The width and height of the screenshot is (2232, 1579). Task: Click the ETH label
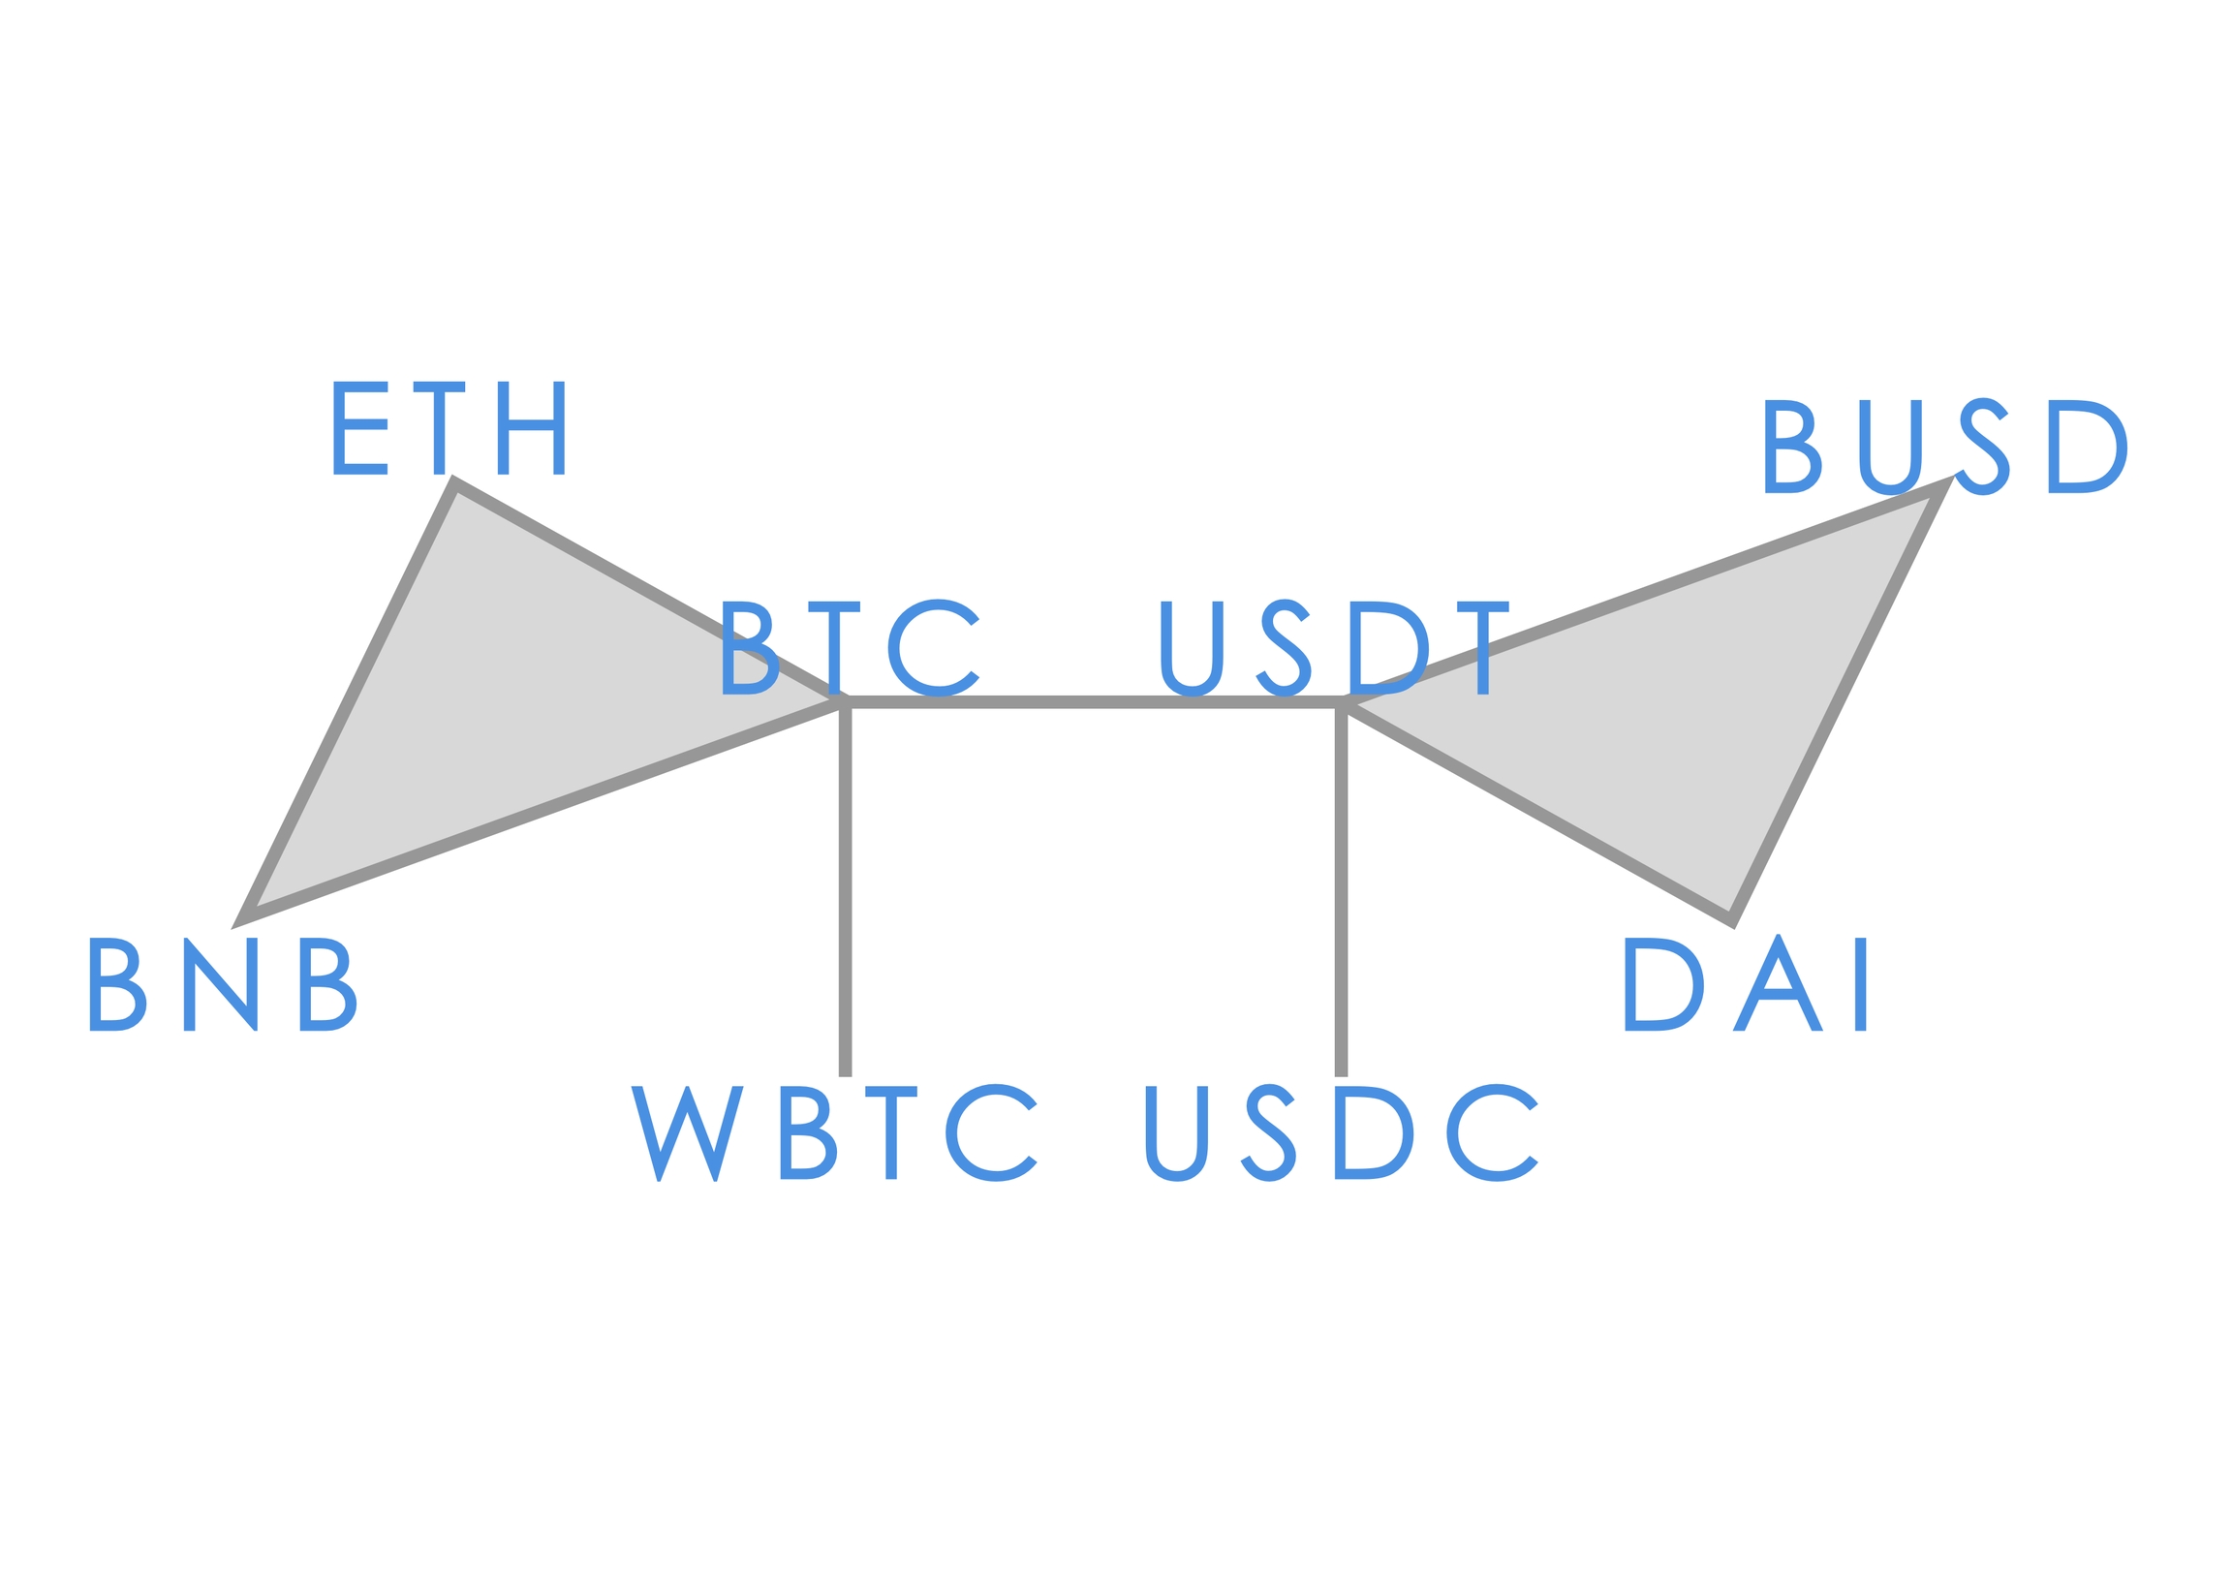click(x=449, y=428)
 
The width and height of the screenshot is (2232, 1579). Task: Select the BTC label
click(x=850, y=646)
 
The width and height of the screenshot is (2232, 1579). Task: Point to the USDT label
click(x=1334, y=646)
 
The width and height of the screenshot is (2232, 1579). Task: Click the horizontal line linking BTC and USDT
click(x=1093, y=702)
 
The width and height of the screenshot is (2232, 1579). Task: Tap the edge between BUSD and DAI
click(x=1840, y=702)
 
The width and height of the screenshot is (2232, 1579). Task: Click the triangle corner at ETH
click(x=455, y=483)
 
